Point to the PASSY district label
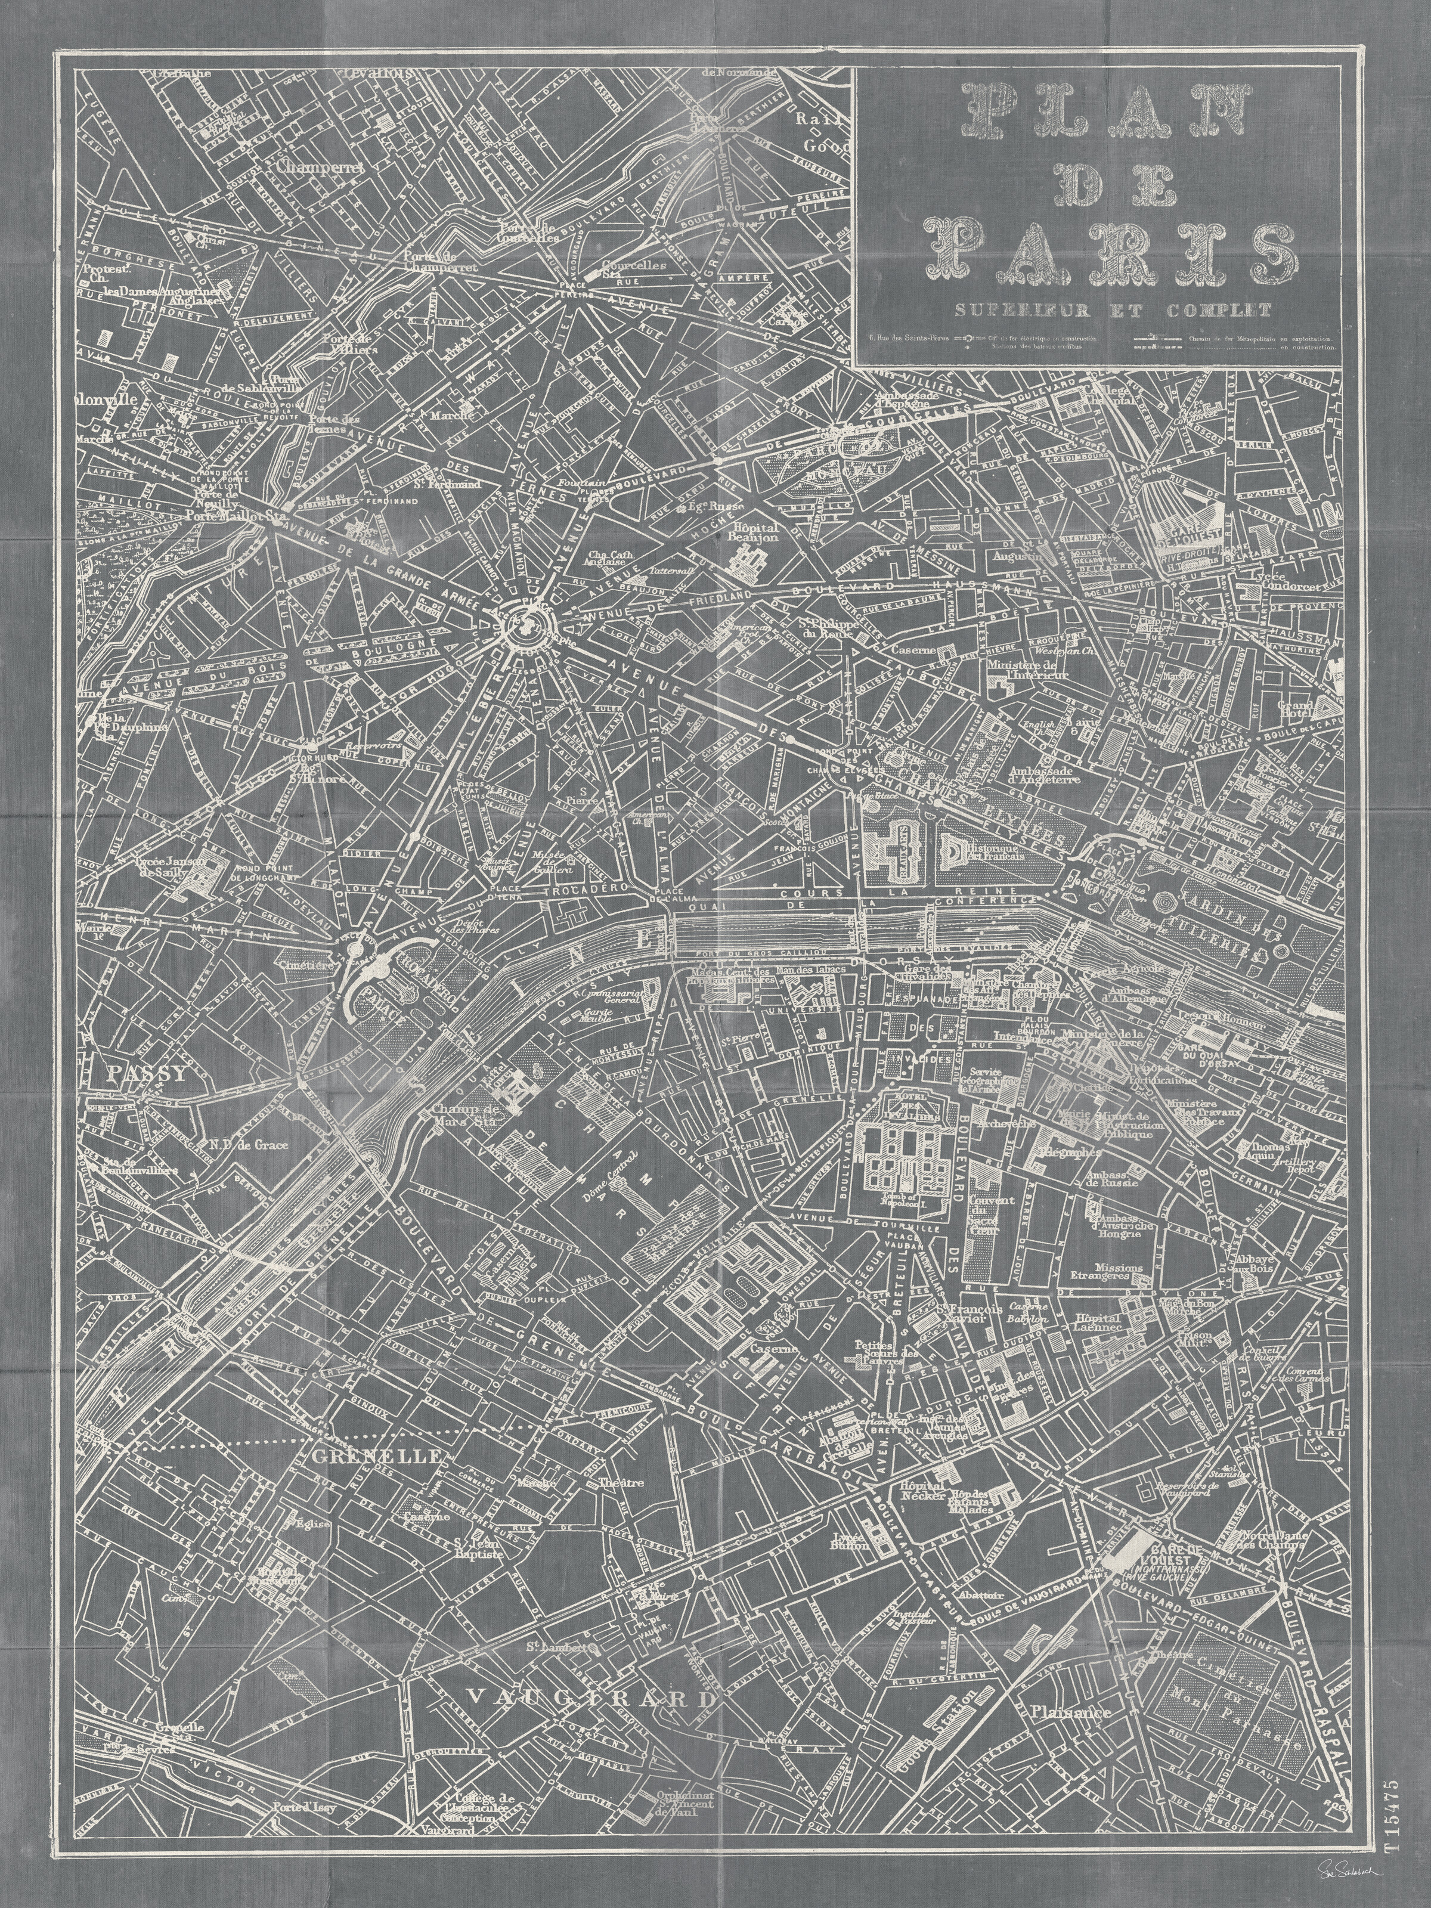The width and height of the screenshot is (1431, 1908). pyautogui.click(x=147, y=1074)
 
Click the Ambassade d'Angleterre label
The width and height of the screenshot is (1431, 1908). pyautogui.click(x=1045, y=775)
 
